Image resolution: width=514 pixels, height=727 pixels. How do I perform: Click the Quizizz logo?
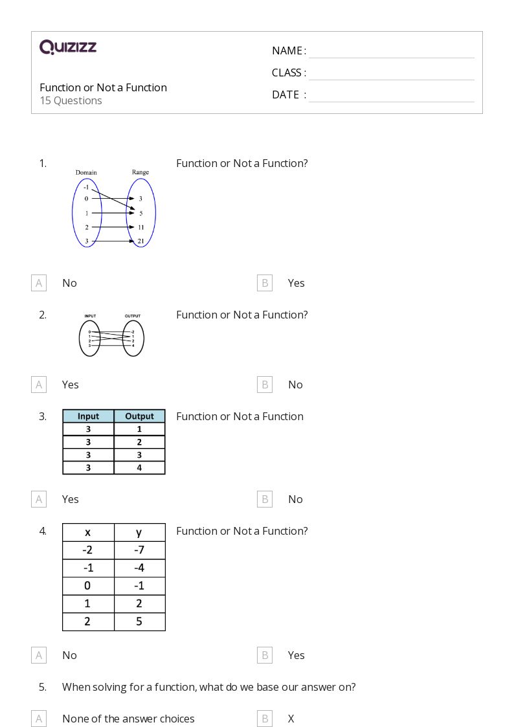(68, 47)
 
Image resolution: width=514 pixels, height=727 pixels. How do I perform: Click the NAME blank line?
(391, 52)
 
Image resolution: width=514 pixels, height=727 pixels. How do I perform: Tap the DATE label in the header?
(285, 95)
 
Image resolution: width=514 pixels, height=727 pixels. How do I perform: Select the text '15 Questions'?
(71, 100)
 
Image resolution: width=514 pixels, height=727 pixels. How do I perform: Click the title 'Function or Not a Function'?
(103, 87)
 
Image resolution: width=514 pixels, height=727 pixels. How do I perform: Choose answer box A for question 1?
(39, 283)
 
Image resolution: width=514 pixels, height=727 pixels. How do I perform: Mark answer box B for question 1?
(265, 283)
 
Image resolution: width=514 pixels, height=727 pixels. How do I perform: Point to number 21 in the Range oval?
(140, 241)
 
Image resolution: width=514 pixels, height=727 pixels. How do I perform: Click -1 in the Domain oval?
(86, 187)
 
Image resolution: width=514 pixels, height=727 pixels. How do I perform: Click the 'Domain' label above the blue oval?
(86, 172)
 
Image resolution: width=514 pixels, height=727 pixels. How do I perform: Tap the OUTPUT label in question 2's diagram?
(132, 316)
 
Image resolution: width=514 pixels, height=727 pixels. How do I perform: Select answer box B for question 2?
(265, 385)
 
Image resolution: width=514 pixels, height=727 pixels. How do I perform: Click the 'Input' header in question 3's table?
(88, 416)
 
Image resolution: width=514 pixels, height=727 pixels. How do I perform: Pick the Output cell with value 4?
(139, 467)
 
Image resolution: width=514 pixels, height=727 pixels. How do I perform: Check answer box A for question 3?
(39, 499)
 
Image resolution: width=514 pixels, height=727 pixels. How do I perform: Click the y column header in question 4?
(139, 533)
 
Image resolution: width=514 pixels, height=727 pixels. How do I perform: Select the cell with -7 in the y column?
(139, 550)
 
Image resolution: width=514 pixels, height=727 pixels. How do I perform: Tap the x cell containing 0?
(87, 586)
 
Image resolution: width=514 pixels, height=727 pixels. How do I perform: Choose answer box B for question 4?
(265, 655)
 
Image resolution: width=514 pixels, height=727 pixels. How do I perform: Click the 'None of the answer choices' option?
(128, 719)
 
